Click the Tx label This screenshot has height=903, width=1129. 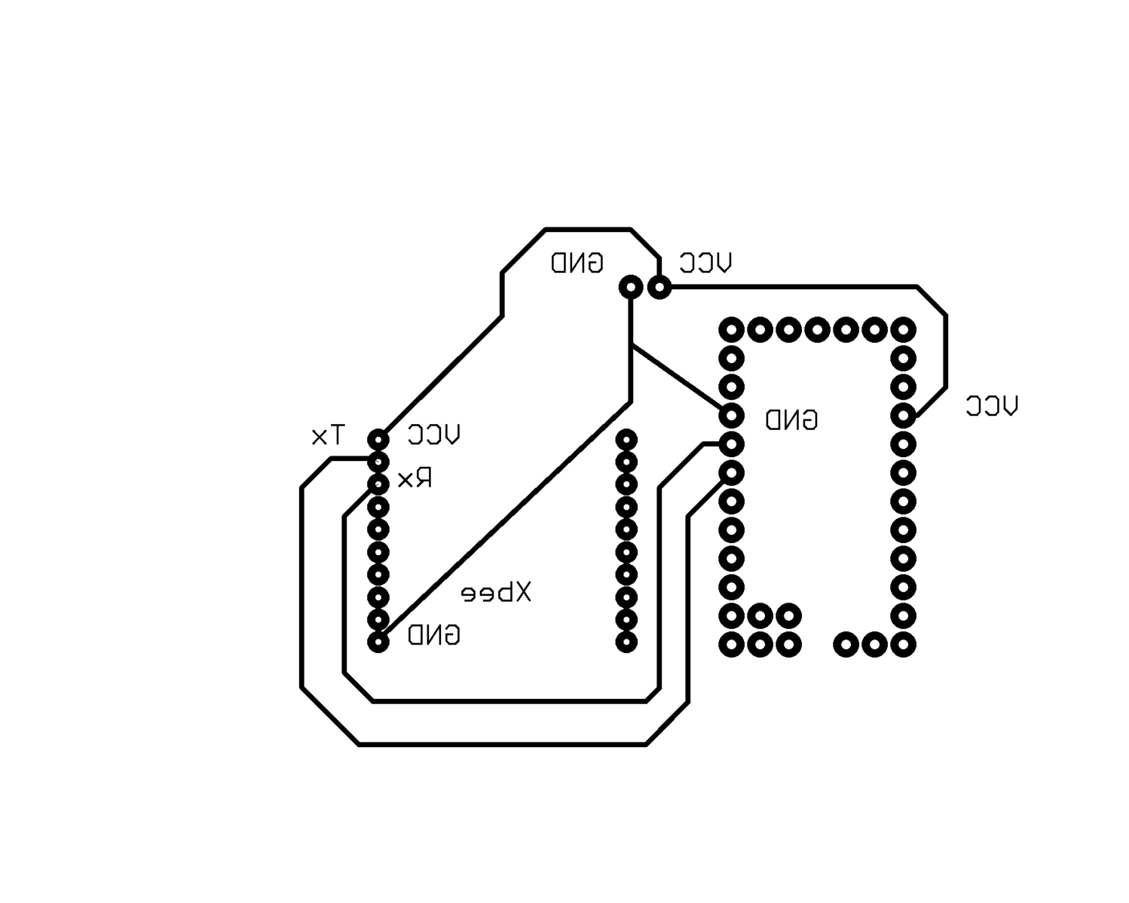329,435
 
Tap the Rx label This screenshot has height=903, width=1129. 415,479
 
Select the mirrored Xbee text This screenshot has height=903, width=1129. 496,593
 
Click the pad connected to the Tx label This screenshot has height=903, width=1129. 378,461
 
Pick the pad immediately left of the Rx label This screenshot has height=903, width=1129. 378,483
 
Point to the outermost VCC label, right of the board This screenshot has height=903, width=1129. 991,407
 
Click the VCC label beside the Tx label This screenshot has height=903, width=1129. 433,435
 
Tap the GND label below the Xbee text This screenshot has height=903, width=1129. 433,636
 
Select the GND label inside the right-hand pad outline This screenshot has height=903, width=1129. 791,419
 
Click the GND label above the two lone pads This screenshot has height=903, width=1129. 577,263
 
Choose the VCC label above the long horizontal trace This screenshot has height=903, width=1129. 705,263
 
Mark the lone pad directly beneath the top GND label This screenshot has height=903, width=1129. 631,287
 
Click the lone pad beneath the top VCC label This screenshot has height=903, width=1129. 659,287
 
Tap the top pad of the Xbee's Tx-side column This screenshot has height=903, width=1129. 378,439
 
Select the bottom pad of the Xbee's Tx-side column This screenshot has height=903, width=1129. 378,642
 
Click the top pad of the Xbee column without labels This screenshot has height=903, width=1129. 626,439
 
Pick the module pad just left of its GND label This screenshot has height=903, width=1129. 731,415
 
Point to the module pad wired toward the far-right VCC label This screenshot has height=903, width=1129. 903,415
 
